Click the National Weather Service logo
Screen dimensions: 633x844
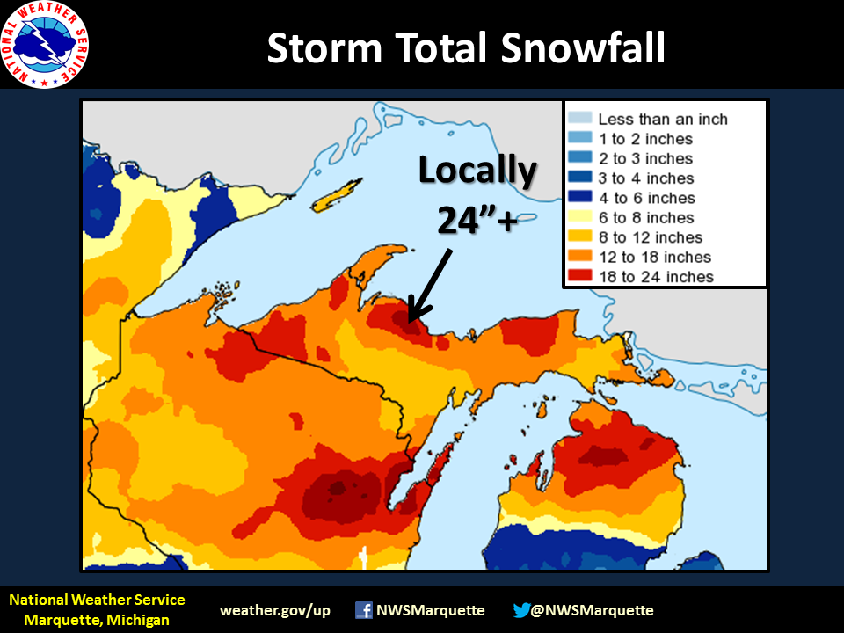[x=45, y=45]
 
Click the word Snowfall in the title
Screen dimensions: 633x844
[x=583, y=48]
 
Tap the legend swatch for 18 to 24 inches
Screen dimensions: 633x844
[x=579, y=277]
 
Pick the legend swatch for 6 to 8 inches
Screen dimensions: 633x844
[x=579, y=218]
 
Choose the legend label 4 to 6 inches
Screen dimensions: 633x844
[x=646, y=198]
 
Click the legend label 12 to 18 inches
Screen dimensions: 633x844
[x=654, y=258]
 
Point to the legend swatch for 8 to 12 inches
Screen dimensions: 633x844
[x=579, y=237]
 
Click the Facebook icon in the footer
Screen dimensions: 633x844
[x=363, y=610]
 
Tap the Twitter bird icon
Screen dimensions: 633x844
[x=521, y=610]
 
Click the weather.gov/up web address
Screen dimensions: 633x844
[x=275, y=610]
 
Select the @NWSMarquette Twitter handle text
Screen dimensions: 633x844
[x=593, y=610]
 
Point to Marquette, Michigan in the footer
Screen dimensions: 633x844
[x=97, y=620]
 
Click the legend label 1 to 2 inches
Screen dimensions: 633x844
[x=645, y=139]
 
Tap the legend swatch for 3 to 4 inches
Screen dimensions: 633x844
[x=579, y=178]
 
